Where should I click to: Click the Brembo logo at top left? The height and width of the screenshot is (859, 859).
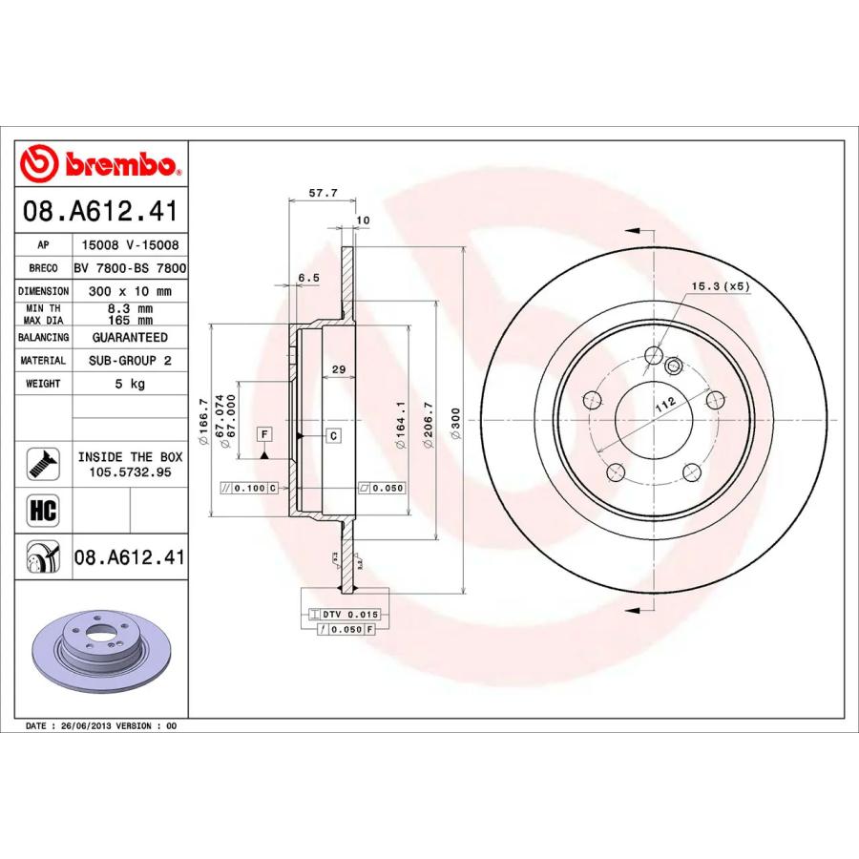click(x=100, y=165)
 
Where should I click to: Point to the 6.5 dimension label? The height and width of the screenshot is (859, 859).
click(x=308, y=277)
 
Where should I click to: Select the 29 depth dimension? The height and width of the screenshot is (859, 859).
click(x=337, y=369)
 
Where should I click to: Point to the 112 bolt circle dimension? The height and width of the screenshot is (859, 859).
click(x=665, y=403)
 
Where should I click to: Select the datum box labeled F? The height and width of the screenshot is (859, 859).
click(x=264, y=435)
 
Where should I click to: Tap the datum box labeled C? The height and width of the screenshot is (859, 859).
click(x=333, y=436)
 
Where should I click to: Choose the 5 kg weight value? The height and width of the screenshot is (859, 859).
click(x=130, y=384)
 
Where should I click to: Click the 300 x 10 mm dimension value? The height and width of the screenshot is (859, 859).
click(x=130, y=291)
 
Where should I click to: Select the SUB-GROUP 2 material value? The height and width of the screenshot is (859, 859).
click(x=130, y=361)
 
